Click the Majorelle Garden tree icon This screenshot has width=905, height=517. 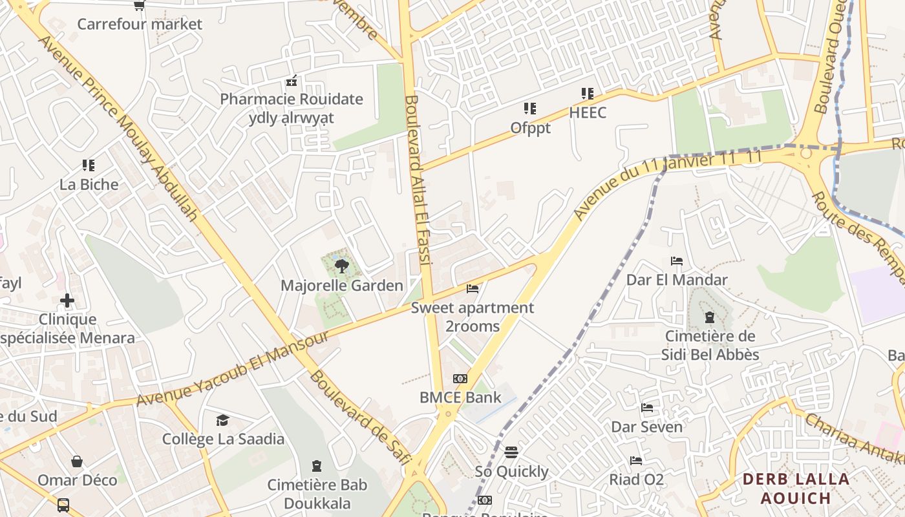click(342, 265)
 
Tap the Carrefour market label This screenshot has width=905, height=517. click(140, 25)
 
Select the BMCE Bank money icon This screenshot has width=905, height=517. click(460, 379)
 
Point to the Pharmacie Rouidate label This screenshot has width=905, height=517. click(292, 100)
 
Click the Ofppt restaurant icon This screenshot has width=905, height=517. click(530, 109)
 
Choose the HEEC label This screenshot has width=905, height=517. click(588, 113)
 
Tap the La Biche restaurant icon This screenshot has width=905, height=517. click(89, 165)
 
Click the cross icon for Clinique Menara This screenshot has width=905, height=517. click(67, 301)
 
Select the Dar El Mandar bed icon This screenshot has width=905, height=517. click(677, 261)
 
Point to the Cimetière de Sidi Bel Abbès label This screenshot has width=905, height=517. click(710, 346)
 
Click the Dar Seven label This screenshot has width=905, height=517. click(646, 427)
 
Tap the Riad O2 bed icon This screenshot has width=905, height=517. click(636, 461)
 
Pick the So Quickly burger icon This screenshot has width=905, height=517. click(511, 452)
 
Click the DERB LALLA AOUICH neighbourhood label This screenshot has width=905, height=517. click(796, 489)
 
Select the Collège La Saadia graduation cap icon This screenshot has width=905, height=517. click(222, 421)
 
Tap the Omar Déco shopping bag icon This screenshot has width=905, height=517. click(77, 461)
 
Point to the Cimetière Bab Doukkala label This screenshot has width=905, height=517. click(317, 494)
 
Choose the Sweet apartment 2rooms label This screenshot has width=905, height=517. click(473, 317)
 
